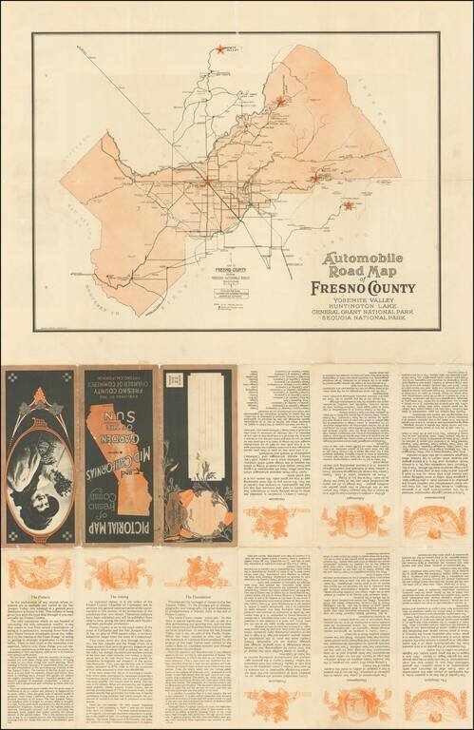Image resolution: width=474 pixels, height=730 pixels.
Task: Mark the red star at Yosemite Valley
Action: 220,49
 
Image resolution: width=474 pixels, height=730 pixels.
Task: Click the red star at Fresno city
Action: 207,179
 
